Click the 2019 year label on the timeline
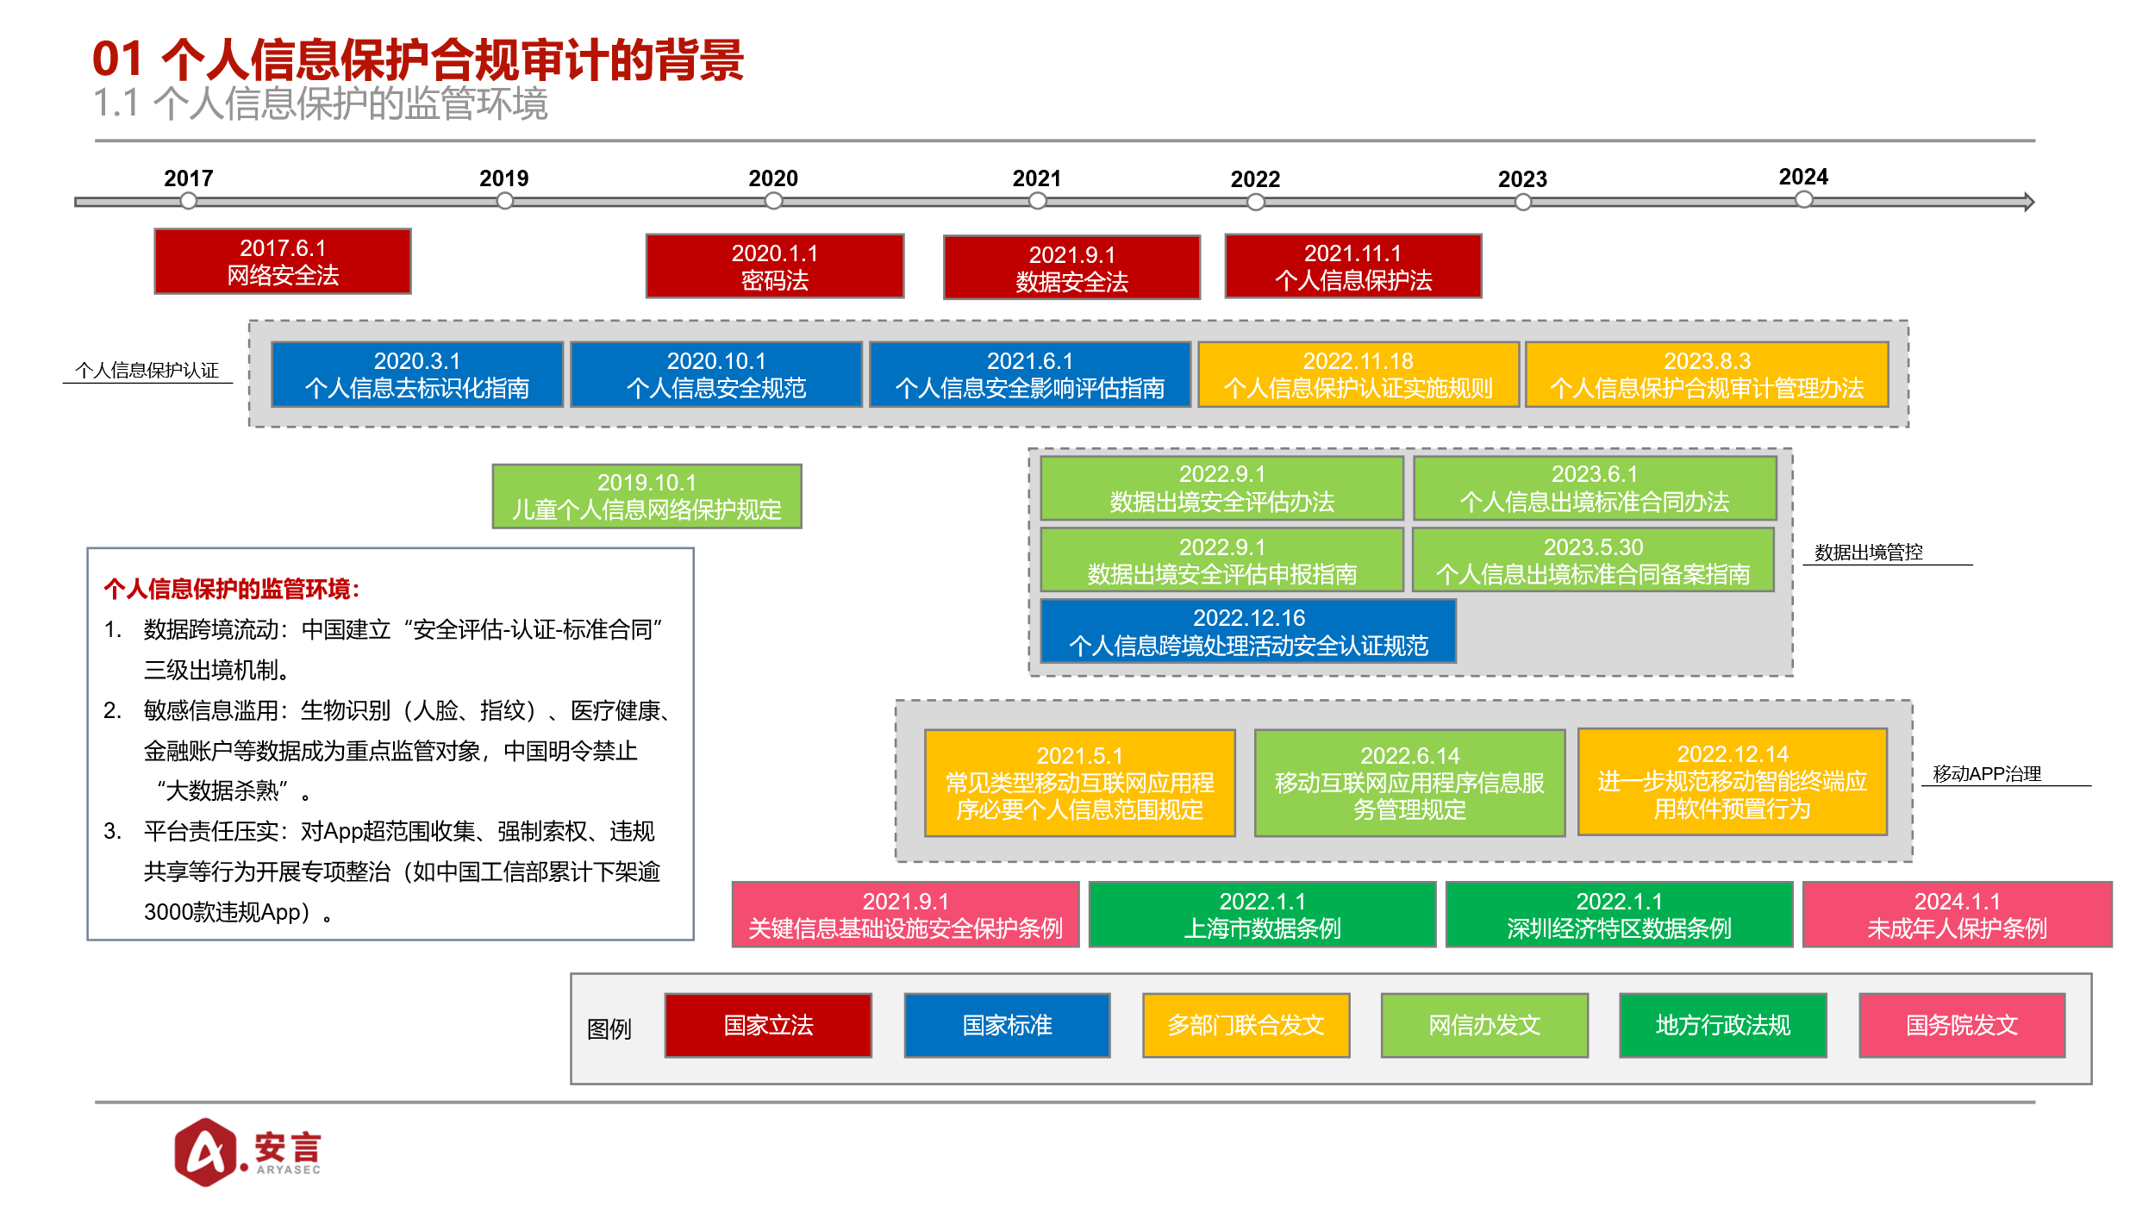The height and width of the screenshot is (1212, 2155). click(x=503, y=178)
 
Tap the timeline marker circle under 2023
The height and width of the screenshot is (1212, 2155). click(x=1523, y=202)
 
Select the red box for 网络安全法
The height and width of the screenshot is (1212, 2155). click(x=283, y=261)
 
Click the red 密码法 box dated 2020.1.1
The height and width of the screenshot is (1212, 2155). click(x=775, y=266)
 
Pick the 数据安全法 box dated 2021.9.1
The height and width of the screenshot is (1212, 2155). click(x=1071, y=267)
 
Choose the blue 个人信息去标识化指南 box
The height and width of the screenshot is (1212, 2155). click(x=417, y=374)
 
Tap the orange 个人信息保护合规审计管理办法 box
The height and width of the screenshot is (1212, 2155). click(x=1707, y=374)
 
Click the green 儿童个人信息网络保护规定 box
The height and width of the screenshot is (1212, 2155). click(x=646, y=497)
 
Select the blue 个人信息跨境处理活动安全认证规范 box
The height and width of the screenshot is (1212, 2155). click(x=1248, y=631)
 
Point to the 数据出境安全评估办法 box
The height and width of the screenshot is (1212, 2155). click(x=1221, y=488)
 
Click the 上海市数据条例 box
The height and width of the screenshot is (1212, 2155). click(x=1262, y=915)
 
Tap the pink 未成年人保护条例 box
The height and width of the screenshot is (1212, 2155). click(x=1957, y=915)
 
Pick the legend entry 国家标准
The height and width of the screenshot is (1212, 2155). click(x=1007, y=1025)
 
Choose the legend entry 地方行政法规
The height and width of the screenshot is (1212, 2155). click(x=1722, y=1025)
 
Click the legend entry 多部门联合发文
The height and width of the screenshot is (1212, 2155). click(x=1246, y=1025)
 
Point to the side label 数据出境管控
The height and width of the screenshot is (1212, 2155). click(x=1869, y=553)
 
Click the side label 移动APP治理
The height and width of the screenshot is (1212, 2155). click(x=1987, y=774)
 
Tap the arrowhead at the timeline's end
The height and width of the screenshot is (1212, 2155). click(x=2029, y=202)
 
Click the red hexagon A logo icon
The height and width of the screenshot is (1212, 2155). click(x=205, y=1152)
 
